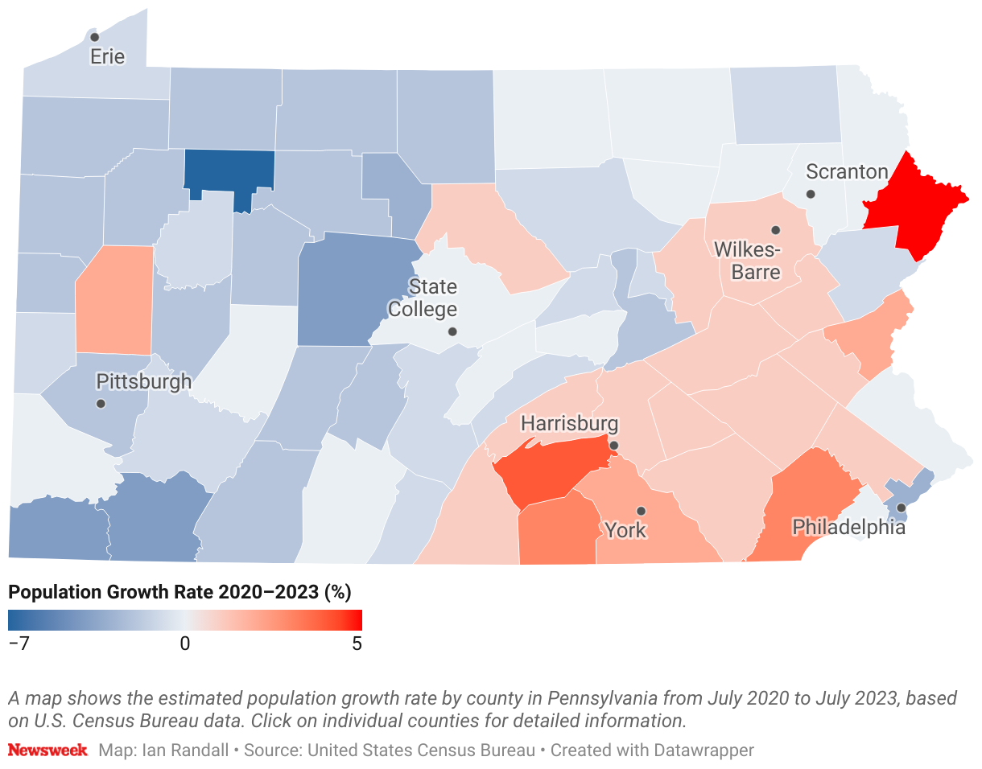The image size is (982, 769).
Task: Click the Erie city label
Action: [x=107, y=57]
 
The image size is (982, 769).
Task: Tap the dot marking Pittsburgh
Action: [x=101, y=403]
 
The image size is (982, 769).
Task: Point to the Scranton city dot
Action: [x=811, y=194]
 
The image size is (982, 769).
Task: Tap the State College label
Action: [x=423, y=298]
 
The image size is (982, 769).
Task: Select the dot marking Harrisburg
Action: [x=613, y=445]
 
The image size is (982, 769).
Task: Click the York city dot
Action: [x=641, y=511]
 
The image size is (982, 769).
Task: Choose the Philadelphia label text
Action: [x=848, y=528]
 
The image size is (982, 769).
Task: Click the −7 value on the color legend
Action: [x=19, y=644]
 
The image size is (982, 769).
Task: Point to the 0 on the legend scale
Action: [x=185, y=644]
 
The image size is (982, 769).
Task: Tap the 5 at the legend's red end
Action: [x=356, y=644]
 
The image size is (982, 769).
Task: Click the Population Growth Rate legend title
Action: [x=179, y=593]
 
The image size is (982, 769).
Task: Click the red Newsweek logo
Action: [x=47, y=750]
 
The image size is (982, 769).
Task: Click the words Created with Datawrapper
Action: [x=653, y=750]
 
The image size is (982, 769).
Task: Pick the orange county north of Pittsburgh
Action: [x=114, y=300]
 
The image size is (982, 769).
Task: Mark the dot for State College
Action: [x=452, y=331]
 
